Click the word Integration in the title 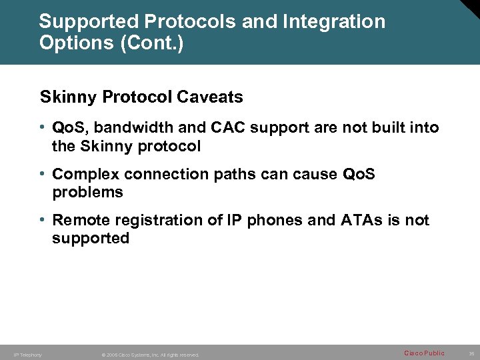click(x=333, y=21)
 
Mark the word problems click(x=87, y=193)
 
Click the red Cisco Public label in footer click(x=424, y=353)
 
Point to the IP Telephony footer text click(x=27, y=355)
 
